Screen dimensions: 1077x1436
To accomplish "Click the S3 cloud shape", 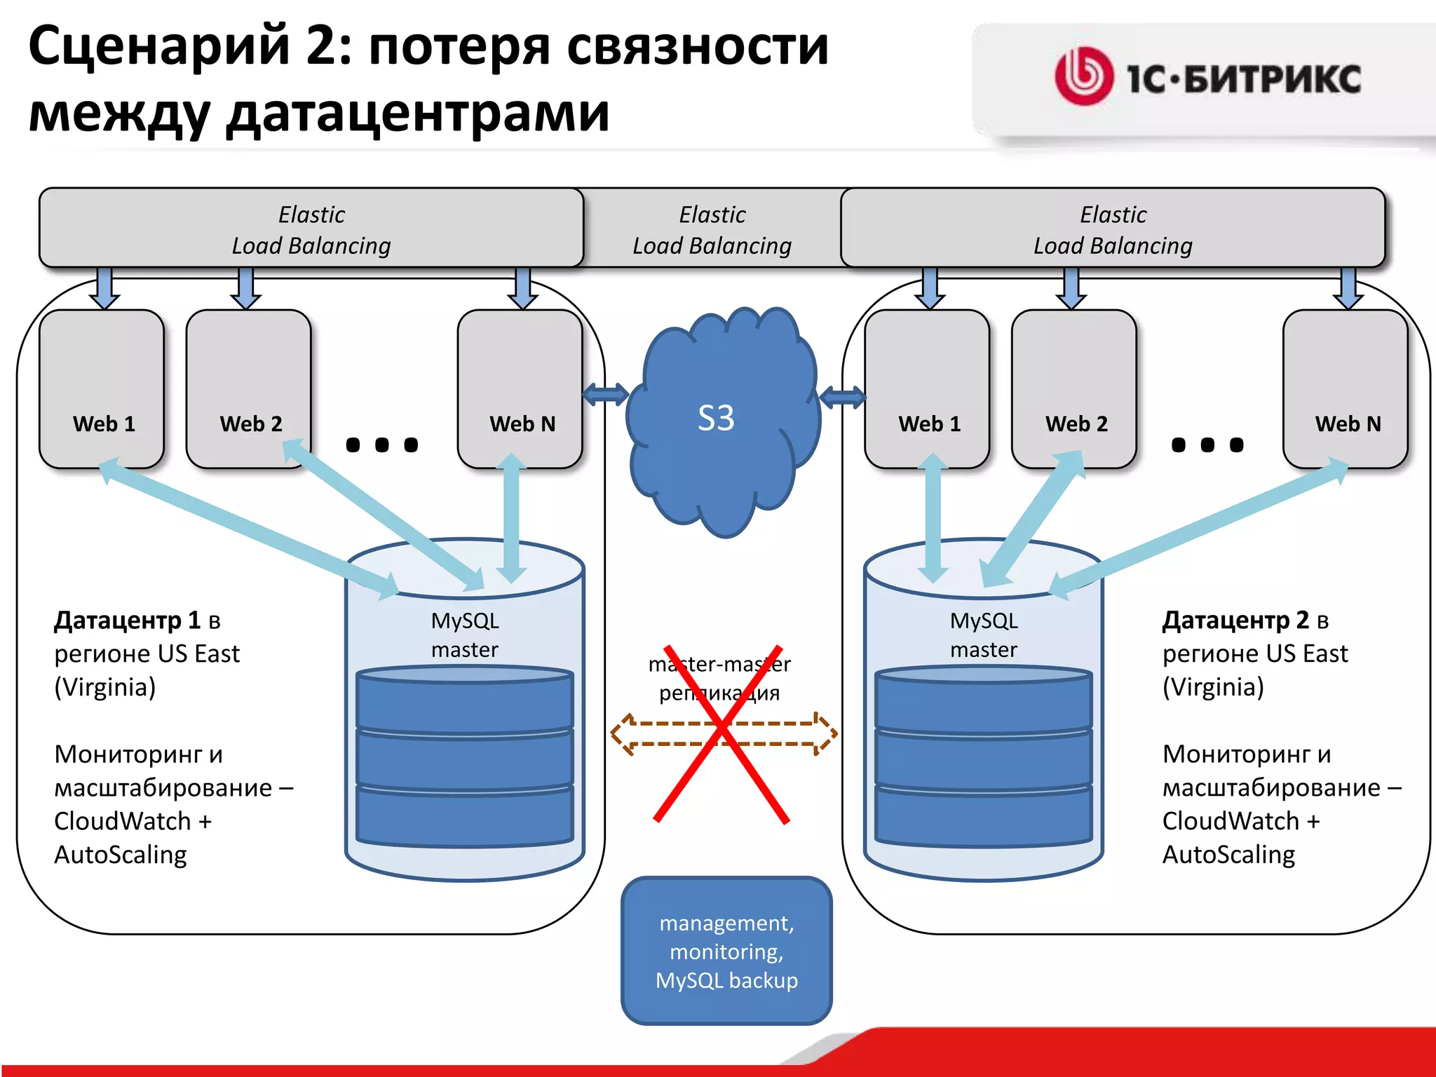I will click(722, 421).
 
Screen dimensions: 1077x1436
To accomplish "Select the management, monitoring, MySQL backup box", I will click(726, 951).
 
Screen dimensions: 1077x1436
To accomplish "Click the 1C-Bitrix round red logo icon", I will click(1083, 76).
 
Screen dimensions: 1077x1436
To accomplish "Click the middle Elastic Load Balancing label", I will click(712, 229).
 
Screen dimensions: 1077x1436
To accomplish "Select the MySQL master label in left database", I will click(465, 635).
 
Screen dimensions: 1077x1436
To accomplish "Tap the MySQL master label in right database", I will click(984, 635).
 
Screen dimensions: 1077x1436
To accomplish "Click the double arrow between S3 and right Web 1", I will click(842, 398).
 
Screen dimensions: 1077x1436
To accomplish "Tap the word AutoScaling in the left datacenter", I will click(121, 855).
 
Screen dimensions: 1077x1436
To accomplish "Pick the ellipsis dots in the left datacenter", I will click(382, 445).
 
